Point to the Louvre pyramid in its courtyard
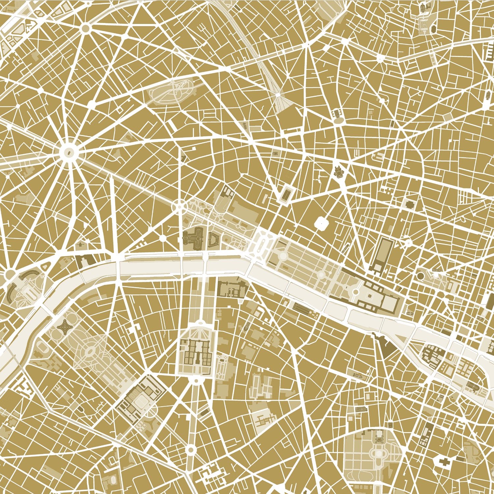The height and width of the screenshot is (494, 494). coord(370,297)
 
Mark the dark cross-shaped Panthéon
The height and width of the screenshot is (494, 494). coord(441,462)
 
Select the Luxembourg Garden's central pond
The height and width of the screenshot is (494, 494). coord(379,453)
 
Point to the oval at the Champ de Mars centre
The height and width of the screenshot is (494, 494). coord(89,352)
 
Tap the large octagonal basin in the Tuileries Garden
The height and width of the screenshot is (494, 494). coord(283,256)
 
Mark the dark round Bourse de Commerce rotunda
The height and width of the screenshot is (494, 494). coord(421,274)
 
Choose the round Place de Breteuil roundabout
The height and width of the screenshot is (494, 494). coord(190,449)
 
